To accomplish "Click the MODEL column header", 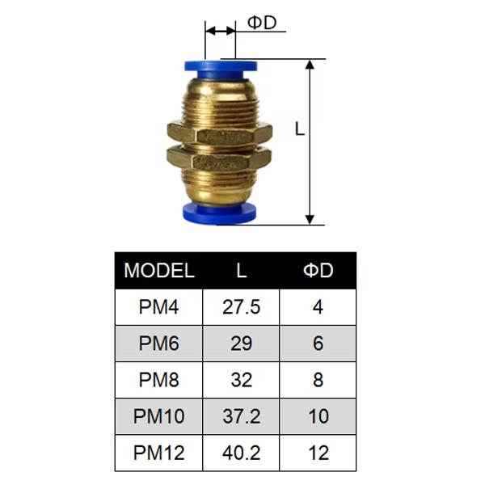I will [159, 271].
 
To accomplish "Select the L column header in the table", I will [241, 271].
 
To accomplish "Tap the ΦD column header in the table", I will [318, 271].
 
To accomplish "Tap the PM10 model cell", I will [158, 416].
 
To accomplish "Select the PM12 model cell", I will [158, 453].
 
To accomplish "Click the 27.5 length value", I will [241, 307].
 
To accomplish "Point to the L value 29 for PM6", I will [241, 344].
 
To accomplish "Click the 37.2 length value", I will [241, 416].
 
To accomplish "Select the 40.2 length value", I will [241, 453].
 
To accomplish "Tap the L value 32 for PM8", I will [241, 380].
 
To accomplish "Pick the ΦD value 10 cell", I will [318, 416].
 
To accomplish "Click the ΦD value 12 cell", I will [318, 453].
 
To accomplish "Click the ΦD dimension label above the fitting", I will [262, 23].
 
